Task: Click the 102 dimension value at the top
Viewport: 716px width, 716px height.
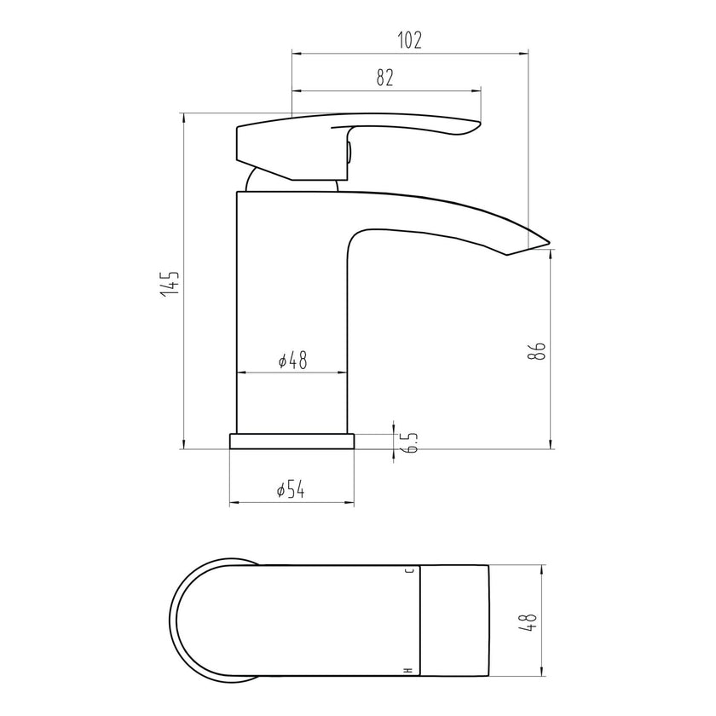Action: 409,40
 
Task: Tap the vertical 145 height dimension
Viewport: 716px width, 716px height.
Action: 170,282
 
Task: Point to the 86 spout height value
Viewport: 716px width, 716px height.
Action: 537,351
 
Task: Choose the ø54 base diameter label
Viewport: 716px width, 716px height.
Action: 291,489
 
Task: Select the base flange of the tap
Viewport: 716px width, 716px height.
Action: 291,441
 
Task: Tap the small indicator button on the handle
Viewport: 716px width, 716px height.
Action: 349,153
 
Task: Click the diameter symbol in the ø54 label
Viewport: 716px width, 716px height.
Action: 280,490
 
